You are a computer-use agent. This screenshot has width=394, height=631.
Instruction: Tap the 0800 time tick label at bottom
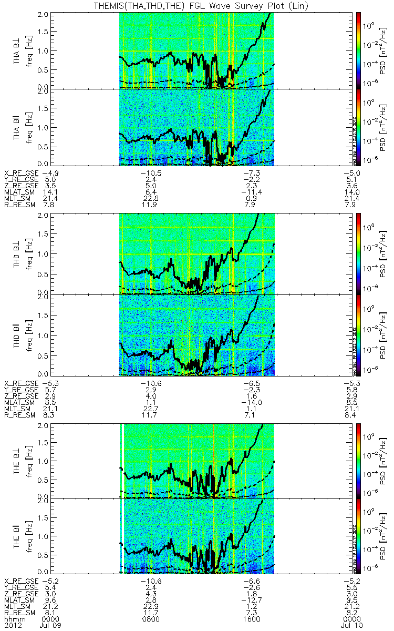pos(151,619)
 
